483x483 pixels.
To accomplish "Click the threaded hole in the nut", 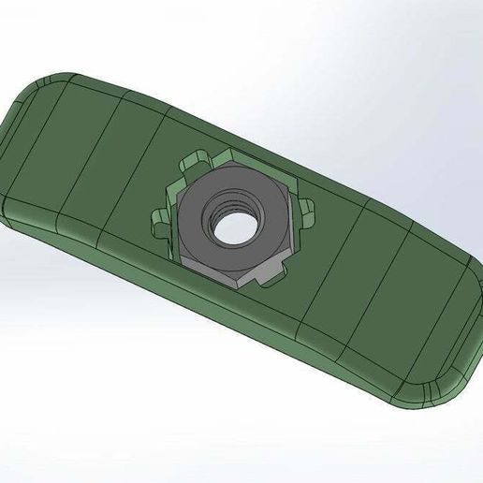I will pyautogui.click(x=229, y=223).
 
